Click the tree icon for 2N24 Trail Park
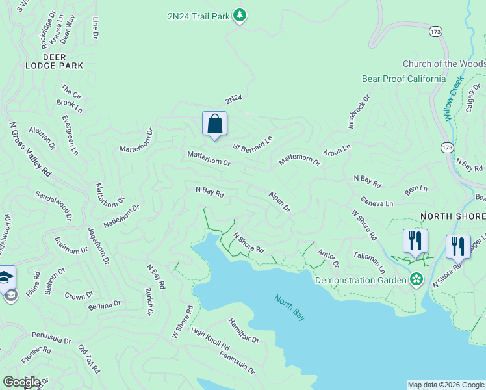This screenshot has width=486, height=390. click(240, 16)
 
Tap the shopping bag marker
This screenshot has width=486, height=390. click(214, 123)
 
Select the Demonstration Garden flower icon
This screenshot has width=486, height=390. click(416, 280)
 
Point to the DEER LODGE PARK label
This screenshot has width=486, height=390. click(55, 61)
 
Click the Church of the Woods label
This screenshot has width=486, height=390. click(444, 64)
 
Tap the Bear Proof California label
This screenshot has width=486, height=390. click(403, 79)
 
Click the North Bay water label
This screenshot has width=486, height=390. click(289, 307)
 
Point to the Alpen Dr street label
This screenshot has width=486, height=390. click(279, 201)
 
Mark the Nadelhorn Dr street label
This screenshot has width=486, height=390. click(122, 215)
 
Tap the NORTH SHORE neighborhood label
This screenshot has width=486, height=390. click(453, 216)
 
